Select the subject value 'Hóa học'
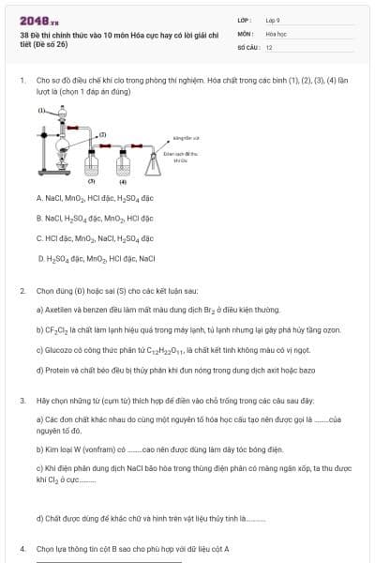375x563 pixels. (x=276, y=33)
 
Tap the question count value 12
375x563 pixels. (x=269, y=46)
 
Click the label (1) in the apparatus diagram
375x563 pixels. (x=40, y=111)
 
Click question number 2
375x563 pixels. (x=22, y=291)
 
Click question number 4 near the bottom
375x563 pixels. (x=22, y=548)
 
